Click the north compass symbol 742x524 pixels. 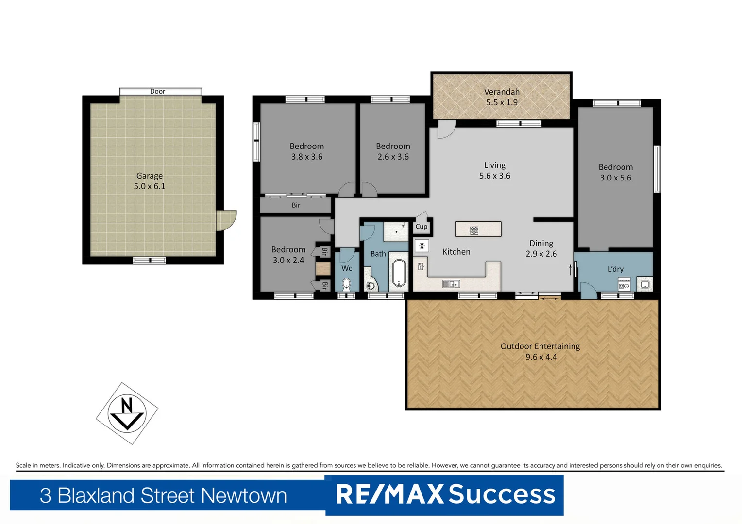tap(127, 413)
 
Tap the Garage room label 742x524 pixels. tap(150, 181)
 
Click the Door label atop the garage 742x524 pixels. tap(157, 91)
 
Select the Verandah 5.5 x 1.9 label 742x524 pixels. tap(502, 97)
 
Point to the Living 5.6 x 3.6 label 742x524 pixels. tap(494, 170)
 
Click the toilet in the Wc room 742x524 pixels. tap(346, 284)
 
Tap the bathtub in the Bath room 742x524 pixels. tap(399, 274)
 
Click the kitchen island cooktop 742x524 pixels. tap(474, 230)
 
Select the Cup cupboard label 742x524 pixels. tap(421, 227)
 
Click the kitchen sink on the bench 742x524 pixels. tap(451, 284)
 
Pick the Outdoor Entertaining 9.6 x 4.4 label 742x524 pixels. tap(540, 351)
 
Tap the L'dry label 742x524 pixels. tap(615, 269)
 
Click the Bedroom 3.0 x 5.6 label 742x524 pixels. tap(615, 172)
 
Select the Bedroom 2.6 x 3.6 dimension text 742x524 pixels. tap(393, 157)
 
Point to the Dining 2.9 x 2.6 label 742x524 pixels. tap(541, 248)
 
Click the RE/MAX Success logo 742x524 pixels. tap(445, 494)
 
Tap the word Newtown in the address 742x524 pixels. tap(244, 495)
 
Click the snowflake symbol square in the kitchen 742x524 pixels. tap(422, 246)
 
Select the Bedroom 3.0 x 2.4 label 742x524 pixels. tap(288, 255)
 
